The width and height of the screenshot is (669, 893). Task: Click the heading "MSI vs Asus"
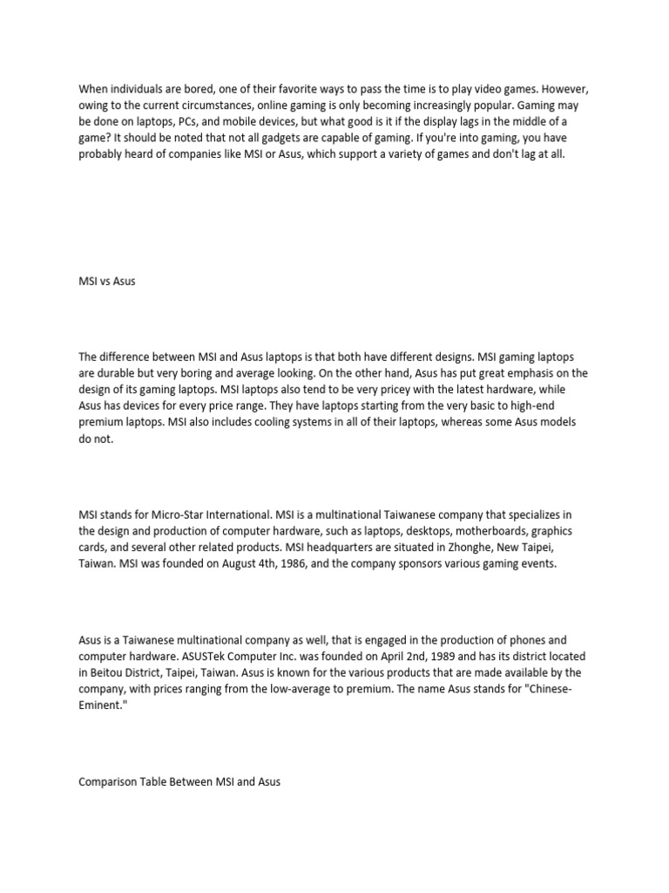tap(107, 283)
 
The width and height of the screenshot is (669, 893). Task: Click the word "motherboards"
tap(484, 531)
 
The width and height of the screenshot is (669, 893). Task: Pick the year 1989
tap(420, 656)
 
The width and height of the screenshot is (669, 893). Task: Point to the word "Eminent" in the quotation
tap(98, 706)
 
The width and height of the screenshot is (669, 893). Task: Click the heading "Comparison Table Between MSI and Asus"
tap(179, 782)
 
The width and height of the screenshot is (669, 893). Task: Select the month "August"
tap(233, 564)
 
